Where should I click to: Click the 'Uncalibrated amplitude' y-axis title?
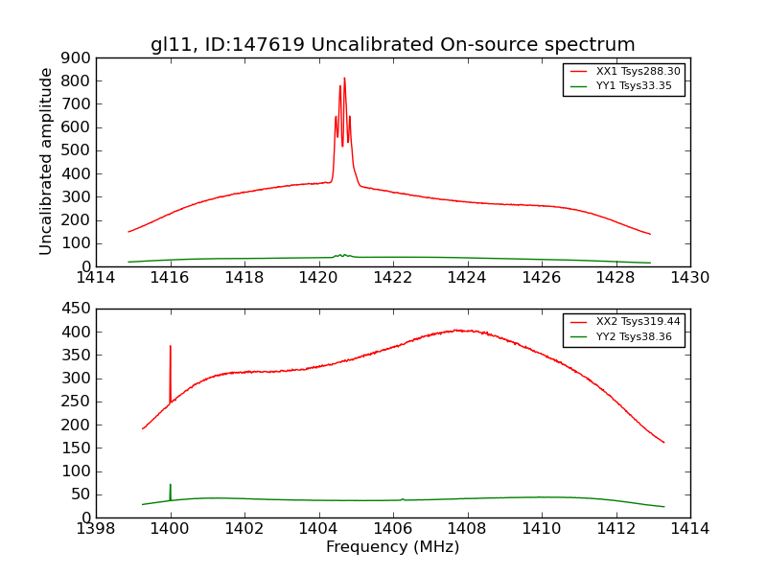click(x=46, y=161)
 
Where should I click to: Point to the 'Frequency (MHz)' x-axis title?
click(x=392, y=547)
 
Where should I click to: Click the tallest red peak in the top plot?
click(x=344, y=80)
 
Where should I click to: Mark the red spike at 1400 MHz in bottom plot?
click(x=171, y=347)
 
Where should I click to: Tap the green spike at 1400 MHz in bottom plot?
click(x=171, y=486)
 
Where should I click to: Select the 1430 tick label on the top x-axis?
click(x=689, y=278)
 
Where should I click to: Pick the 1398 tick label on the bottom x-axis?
click(x=96, y=529)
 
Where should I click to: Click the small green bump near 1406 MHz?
click(x=403, y=498)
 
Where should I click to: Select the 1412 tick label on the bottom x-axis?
click(x=616, y=529)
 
